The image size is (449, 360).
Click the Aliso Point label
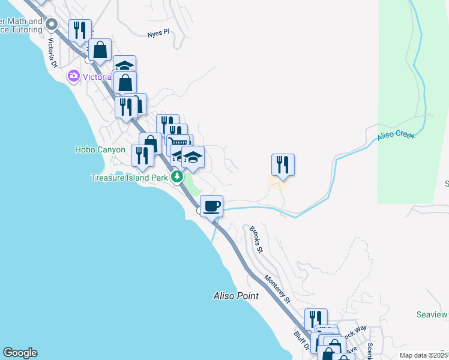236,296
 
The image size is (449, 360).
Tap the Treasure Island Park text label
129,178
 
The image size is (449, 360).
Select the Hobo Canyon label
100,149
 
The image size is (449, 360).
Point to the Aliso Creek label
396,136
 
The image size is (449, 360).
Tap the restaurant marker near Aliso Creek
282,164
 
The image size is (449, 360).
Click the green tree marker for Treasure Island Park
177,176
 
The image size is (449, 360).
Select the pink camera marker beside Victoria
74,76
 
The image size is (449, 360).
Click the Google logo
20,353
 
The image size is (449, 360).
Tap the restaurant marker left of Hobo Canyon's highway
142,156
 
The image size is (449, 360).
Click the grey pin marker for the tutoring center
52,25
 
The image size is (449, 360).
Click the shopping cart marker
179,143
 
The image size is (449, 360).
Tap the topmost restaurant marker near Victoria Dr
80,30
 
